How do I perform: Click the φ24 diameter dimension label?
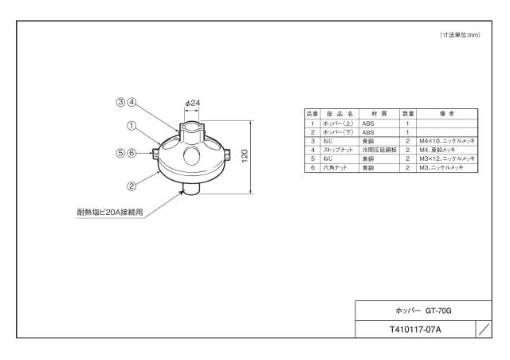[193, 103]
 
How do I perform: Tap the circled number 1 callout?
[131, 126]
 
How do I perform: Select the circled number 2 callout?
[131, 186]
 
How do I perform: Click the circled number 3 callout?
[120, 102]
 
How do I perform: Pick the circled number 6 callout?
[131, 152]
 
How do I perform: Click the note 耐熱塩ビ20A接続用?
[110, 213]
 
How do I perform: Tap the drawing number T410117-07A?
[415, 330]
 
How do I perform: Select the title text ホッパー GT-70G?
[423, 311]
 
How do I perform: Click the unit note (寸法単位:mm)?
[460, 35]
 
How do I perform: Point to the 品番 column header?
[312, 114]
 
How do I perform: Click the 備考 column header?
[447, 114]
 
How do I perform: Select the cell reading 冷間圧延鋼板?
[379, 150]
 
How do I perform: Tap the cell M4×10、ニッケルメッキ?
[447, 141]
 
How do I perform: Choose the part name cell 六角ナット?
[335, 168]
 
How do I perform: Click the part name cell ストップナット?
[338, 150]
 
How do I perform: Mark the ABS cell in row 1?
[368, 123]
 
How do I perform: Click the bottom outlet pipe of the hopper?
[191, 188]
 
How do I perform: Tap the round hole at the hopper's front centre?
[191, 155]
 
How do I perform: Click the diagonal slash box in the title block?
[484, 330]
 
